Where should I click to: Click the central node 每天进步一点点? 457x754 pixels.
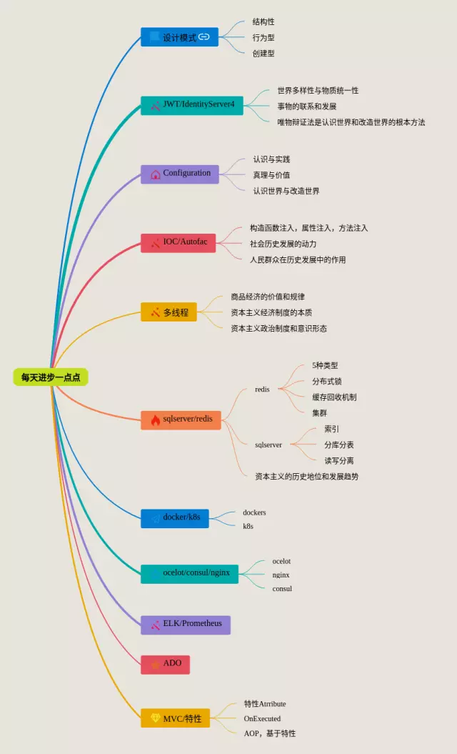tap(50, 377)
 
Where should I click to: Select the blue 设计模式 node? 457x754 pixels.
tap(179, 37)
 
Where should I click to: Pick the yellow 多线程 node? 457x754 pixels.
tap(169, 312)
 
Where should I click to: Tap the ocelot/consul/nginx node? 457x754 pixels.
tap(190, 573)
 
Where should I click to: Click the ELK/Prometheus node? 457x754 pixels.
tap(185, 624)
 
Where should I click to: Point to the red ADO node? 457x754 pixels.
tap(166, 664)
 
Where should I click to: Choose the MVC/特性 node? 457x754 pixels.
tap(176, 718)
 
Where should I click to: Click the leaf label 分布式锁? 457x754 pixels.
tap(327, 381)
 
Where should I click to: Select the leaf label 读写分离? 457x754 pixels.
tap(339, 460)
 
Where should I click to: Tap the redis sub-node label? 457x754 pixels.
tap(262, 390)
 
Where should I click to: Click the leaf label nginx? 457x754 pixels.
tap(281, 575)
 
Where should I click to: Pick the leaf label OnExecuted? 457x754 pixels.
tap(262, 718)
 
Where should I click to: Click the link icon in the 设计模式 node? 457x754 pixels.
tap(204, 37)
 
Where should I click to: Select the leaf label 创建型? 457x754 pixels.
tap(263, 53)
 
